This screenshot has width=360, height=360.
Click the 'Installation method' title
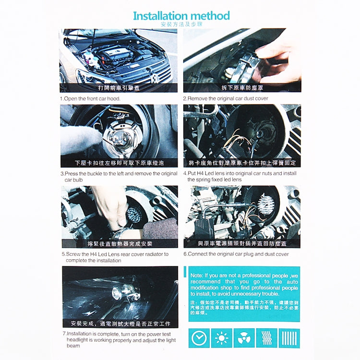tap(181, 16)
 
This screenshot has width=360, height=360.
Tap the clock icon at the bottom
tap(199, 338)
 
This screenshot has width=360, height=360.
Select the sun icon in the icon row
tap(221, 338)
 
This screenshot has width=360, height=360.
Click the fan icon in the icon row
tap(244, 338)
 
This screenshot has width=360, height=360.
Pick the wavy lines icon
tap(266, 338)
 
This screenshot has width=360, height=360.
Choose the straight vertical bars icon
tap(289, 338)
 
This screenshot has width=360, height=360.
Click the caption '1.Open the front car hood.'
tap(90, 98)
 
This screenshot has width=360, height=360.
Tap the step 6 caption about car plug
tap(236, 254)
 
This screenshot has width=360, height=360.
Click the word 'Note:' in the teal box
tap(197, 276)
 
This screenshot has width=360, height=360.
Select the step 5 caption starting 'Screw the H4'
tap(115, 257)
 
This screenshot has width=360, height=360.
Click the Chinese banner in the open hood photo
tap(118, 88)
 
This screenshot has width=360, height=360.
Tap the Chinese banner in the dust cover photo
tap(242, 88)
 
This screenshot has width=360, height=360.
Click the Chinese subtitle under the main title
tap(181, 24)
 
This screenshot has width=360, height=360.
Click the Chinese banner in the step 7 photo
tap(120, 323)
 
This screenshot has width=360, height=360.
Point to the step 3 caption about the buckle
tap(119, 176)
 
